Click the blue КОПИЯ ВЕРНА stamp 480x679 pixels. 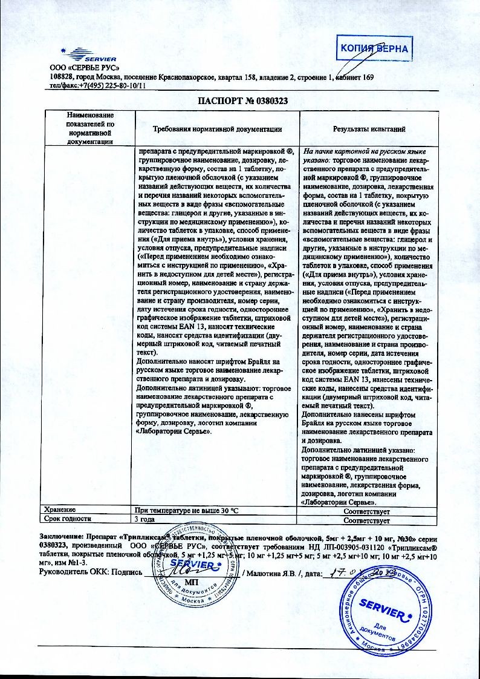pyautogui.click(x=374, y=49)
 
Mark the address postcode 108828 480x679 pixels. pyautogui.click(x=61, y=77)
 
